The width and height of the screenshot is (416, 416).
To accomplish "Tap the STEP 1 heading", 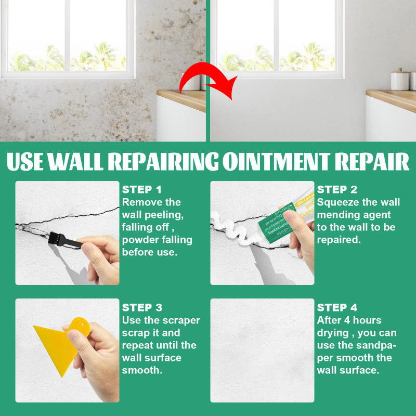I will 142,189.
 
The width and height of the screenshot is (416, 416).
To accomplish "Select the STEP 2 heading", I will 337,189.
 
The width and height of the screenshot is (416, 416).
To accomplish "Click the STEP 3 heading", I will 142,308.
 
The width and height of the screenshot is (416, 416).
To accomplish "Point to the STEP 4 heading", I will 337,308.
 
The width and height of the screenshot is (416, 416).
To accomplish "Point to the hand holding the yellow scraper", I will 96,359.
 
